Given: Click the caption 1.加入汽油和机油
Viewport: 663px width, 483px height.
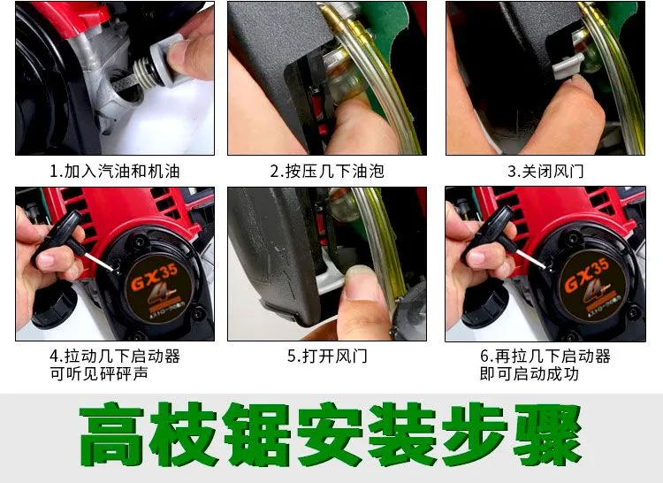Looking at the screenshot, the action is click(115, 172).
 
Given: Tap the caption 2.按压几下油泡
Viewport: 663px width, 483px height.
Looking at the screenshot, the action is click(327, 172).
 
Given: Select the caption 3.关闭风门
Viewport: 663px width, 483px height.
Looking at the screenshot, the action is click(545, 172).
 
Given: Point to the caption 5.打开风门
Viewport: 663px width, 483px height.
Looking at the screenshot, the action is click(327, 356).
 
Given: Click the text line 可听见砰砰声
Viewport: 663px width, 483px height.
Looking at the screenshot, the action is click(98, 374).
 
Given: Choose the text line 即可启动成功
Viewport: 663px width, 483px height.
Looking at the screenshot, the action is click(529, 374).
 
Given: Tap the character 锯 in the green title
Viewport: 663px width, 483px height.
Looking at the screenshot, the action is click(257, 434).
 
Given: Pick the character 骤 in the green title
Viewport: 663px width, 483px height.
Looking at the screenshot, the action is click(548, 434).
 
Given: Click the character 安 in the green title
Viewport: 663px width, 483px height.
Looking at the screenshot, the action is click(330, 434).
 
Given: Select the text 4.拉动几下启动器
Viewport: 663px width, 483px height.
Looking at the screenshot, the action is click(115, 356).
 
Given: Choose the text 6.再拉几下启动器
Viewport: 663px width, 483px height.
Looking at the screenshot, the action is click(545, 356).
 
